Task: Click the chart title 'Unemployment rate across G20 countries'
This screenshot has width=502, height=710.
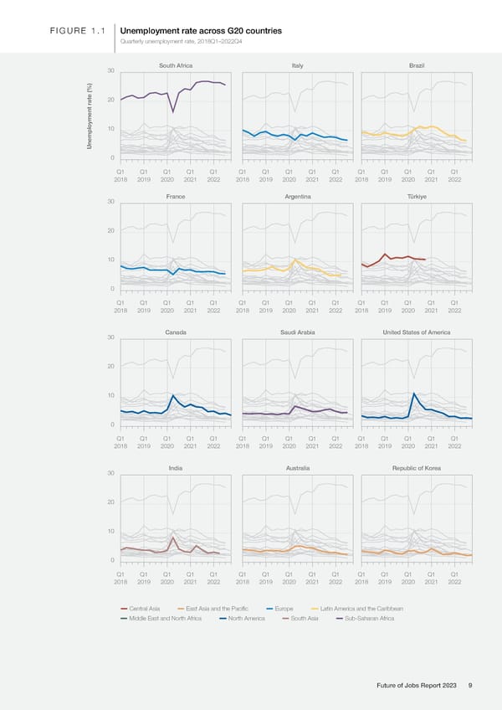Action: (x=201, y=32)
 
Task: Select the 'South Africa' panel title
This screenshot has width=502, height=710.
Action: (x=176, y=65)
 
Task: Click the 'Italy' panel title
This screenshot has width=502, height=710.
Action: (x=298, y=65)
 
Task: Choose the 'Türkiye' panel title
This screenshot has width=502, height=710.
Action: (x=417, y=196)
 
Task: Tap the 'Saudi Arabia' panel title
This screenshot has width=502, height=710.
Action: (x=298, y=332)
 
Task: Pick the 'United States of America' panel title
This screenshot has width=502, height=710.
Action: (x=416, y=332)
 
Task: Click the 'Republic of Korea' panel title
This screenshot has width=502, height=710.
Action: (x=416, y=468)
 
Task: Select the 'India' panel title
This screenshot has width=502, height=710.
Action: (x=176, y=468)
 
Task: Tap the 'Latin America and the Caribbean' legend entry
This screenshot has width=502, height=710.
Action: (x=361, y=608)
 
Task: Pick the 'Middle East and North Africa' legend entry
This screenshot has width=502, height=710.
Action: (x=165, y=619)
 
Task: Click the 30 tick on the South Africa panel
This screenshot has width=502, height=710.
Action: (x=110, y=70)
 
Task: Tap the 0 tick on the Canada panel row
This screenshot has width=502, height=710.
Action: (x=112, y=425)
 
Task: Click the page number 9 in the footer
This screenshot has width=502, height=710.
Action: (x=471, y=686)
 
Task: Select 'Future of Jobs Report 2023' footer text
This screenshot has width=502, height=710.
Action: (x=416, y=686)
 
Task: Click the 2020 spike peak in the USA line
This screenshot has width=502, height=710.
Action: (x=415, y=394)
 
